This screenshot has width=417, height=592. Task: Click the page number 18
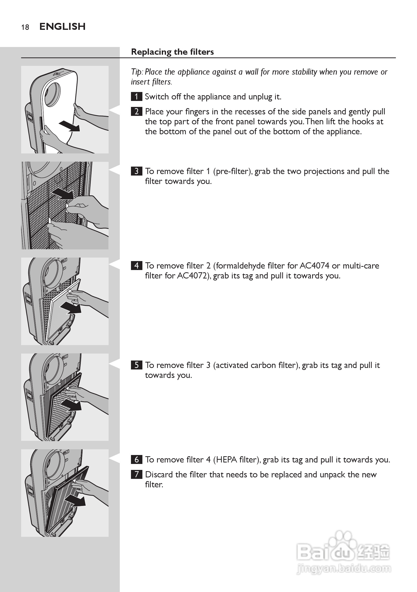pos(25,27)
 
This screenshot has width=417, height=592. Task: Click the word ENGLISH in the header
pos(62,27)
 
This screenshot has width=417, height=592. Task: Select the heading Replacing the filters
pos(172,52)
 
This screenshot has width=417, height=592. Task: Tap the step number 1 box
pos(137,97)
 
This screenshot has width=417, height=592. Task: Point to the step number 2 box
pos(137,112)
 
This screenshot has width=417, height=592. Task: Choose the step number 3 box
pos(137,171)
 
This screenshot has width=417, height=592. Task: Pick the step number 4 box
pos(137,266)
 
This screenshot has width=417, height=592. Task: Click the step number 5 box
pos(137,365)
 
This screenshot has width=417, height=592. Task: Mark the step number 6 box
pos(137,459)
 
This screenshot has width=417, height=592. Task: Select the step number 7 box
pos(137,474)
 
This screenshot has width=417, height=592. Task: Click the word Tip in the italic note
pos(136,72)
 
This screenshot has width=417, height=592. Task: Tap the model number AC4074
pos(314,266)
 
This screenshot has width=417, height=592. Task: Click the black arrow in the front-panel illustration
pos(69,126)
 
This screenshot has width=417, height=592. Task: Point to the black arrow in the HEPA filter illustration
pos(75,502)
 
